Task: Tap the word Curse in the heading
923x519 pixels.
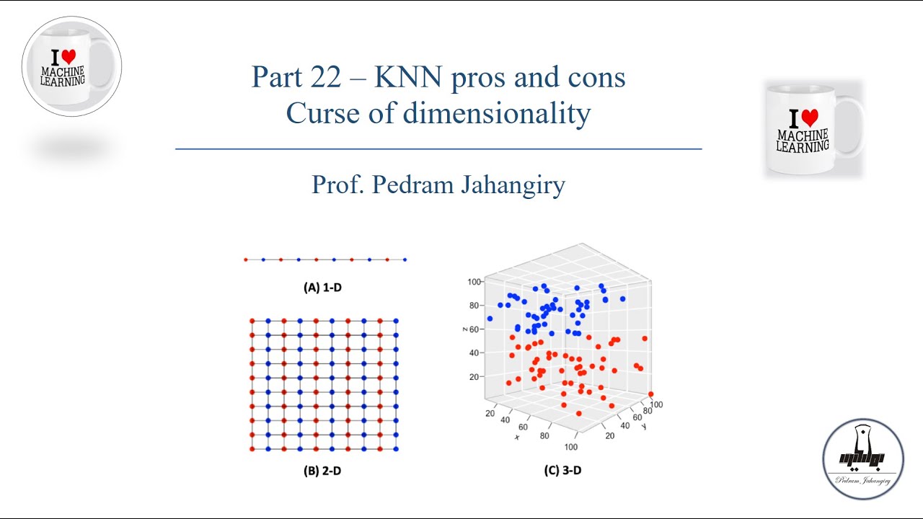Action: (322, 113)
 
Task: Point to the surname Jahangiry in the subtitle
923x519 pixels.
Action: (513, 185)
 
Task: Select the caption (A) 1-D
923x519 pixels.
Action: (322, 288)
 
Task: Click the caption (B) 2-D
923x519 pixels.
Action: (322, 471)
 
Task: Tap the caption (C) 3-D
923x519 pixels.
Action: (563, 470)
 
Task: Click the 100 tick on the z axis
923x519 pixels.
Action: (474, 282)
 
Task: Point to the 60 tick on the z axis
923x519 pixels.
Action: (474, 329)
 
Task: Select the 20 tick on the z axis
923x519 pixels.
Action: (474, 376)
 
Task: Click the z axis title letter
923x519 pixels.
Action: (464, 329)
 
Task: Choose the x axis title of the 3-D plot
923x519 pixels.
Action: (518, 437)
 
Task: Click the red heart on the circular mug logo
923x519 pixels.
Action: (69, 56)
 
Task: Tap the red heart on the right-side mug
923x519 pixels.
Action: (810, 117)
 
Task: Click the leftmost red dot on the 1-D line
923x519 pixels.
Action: (246, 260)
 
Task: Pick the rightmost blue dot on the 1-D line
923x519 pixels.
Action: (405, 260)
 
